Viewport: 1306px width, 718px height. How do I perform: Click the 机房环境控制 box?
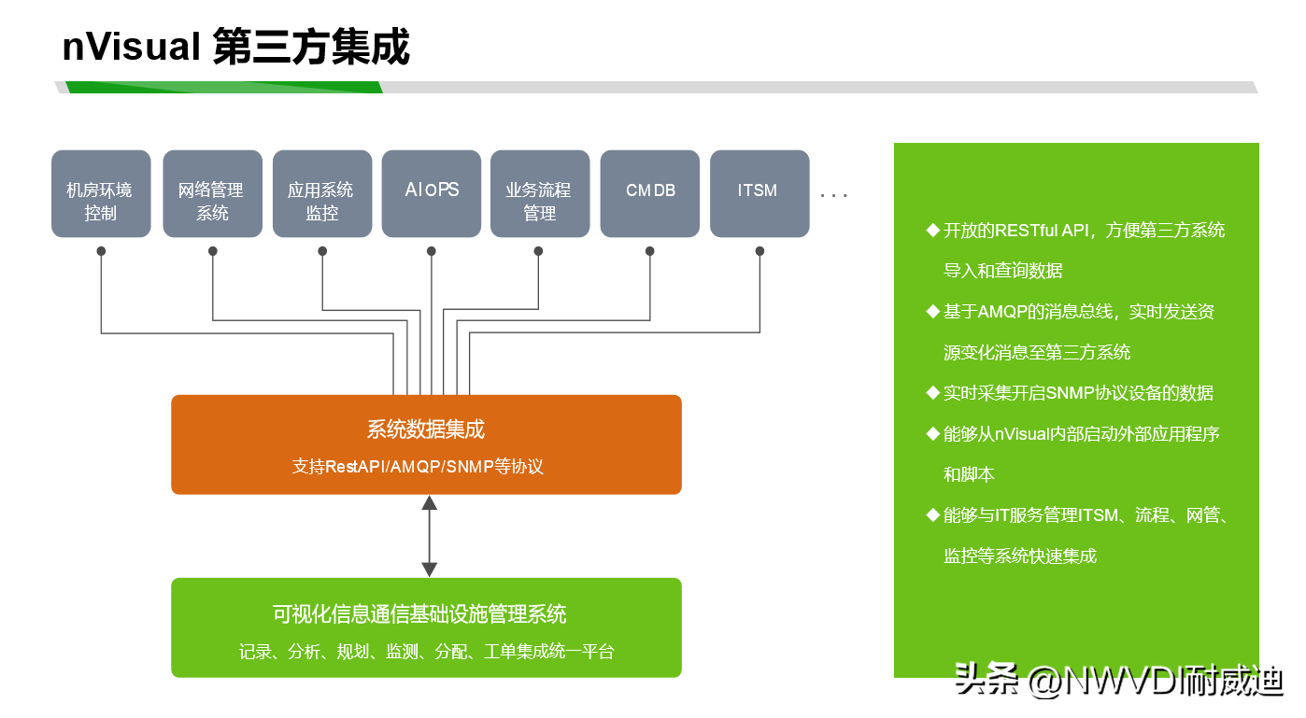[x=100, y=194]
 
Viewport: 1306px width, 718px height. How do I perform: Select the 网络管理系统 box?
[x=212, y=194]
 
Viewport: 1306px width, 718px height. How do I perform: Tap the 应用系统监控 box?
[x=321, y=194]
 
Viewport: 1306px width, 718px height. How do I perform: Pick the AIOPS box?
[x=432, y=194]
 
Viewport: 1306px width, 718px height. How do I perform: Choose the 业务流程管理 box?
[x=539, y=194]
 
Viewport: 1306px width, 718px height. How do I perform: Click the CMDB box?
[x=649, y=194]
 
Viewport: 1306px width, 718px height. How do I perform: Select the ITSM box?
[x=759, y=194]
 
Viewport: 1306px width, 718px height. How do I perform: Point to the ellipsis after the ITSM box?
[x=833, y=195]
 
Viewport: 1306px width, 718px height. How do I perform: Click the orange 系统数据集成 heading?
[x=426, y=429]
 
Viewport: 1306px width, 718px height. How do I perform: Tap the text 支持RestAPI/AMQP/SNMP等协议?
[x=418, y=466]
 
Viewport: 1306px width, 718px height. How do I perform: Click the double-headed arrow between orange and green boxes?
[x=429, y=536]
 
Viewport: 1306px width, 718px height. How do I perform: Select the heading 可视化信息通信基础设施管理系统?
[x=419, y=614]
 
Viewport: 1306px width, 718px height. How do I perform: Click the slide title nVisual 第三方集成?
[x=235, y=47]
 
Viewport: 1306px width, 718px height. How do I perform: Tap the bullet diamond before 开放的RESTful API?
[x=931, y=231]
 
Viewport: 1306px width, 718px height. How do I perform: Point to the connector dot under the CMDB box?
[x=649, y=251]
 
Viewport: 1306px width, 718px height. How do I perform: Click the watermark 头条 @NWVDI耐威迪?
[x=1118, y=682]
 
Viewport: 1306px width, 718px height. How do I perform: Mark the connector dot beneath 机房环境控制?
[x=101, y=251]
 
